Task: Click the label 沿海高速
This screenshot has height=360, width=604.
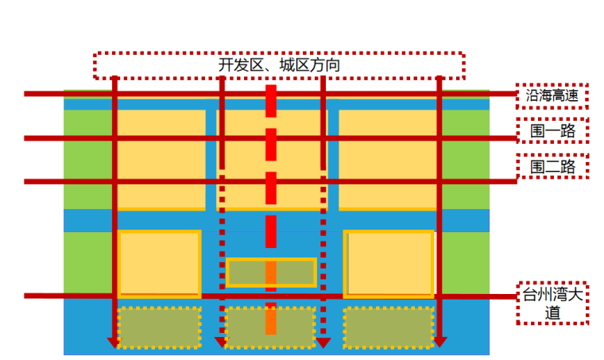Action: click(x=552, y=95)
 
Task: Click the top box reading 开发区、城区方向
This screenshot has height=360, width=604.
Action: click(x=279, y=65)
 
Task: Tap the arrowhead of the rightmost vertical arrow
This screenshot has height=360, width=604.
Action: click(x=439, y=342)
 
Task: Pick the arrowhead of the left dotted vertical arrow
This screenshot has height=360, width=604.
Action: click(x=222, y=342)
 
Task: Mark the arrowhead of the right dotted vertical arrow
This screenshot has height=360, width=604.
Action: click(x=323, y=342)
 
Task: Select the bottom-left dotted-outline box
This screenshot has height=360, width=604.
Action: click(x=159, y=327)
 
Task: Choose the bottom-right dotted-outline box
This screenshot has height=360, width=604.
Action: click(x=389, y=327)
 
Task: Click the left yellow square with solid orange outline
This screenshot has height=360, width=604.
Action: click(x=159, y=263)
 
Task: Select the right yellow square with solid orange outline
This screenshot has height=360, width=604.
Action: click(x=389, y=263)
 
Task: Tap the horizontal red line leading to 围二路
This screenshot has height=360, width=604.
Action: click(x=79, y=181)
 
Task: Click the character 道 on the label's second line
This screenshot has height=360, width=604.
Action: click(x=552, y=313)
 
